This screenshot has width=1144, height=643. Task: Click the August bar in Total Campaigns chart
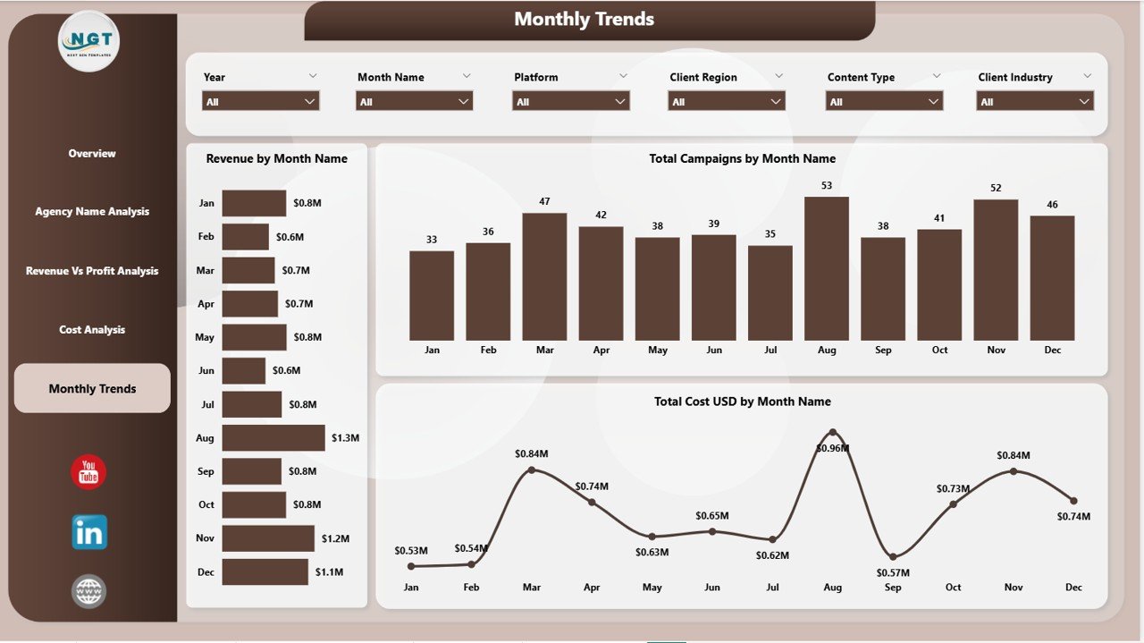tap(827, 268)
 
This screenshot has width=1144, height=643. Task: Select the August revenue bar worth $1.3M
tap(273, 437)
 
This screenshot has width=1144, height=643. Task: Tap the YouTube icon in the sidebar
tap(88, 472)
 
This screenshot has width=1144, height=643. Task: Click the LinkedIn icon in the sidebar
tap(89, 532)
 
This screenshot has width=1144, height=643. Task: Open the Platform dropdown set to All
tap(571, 102)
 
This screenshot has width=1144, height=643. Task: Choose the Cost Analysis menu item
tap(92, 330)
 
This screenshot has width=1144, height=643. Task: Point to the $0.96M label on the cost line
tap(832, 448)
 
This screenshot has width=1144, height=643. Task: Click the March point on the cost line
tap(532, 470)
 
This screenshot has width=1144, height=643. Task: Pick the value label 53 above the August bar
tap(827, 186)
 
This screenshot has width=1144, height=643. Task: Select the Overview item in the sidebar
tap(92, 154)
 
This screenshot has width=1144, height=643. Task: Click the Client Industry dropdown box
tap(1035, 102)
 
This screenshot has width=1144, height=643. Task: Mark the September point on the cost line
tap(893, 556)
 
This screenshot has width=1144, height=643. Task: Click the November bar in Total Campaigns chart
tap(996, 269)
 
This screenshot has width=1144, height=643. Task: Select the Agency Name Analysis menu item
tap(92, 212)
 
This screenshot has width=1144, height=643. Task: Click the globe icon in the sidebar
tap(88, 591)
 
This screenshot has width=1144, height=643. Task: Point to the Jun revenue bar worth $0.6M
tap(244, 370)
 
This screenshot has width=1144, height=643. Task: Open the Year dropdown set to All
tap(260, 102)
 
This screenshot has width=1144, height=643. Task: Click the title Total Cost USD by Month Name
tap(742, 402)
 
